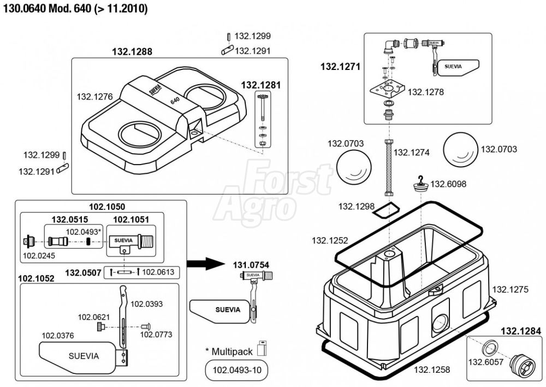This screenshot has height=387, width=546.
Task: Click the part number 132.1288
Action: tap(132, 52)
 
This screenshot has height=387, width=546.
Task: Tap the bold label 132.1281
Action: tap(261, 85)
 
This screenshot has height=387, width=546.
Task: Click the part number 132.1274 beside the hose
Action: tap(412, 153)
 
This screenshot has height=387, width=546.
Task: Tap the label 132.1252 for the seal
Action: tap(330, 241)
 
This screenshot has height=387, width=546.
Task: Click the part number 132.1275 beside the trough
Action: tap(511, 290)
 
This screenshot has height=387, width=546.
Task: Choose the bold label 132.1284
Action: tap(521, 331)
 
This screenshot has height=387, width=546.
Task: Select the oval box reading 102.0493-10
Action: tap(234, 371)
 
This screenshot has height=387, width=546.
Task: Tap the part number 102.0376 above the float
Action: tap(58, 335)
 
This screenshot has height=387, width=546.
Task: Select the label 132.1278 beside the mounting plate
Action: tap(426, 92)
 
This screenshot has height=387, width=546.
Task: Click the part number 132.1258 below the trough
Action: tap(432, 370)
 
